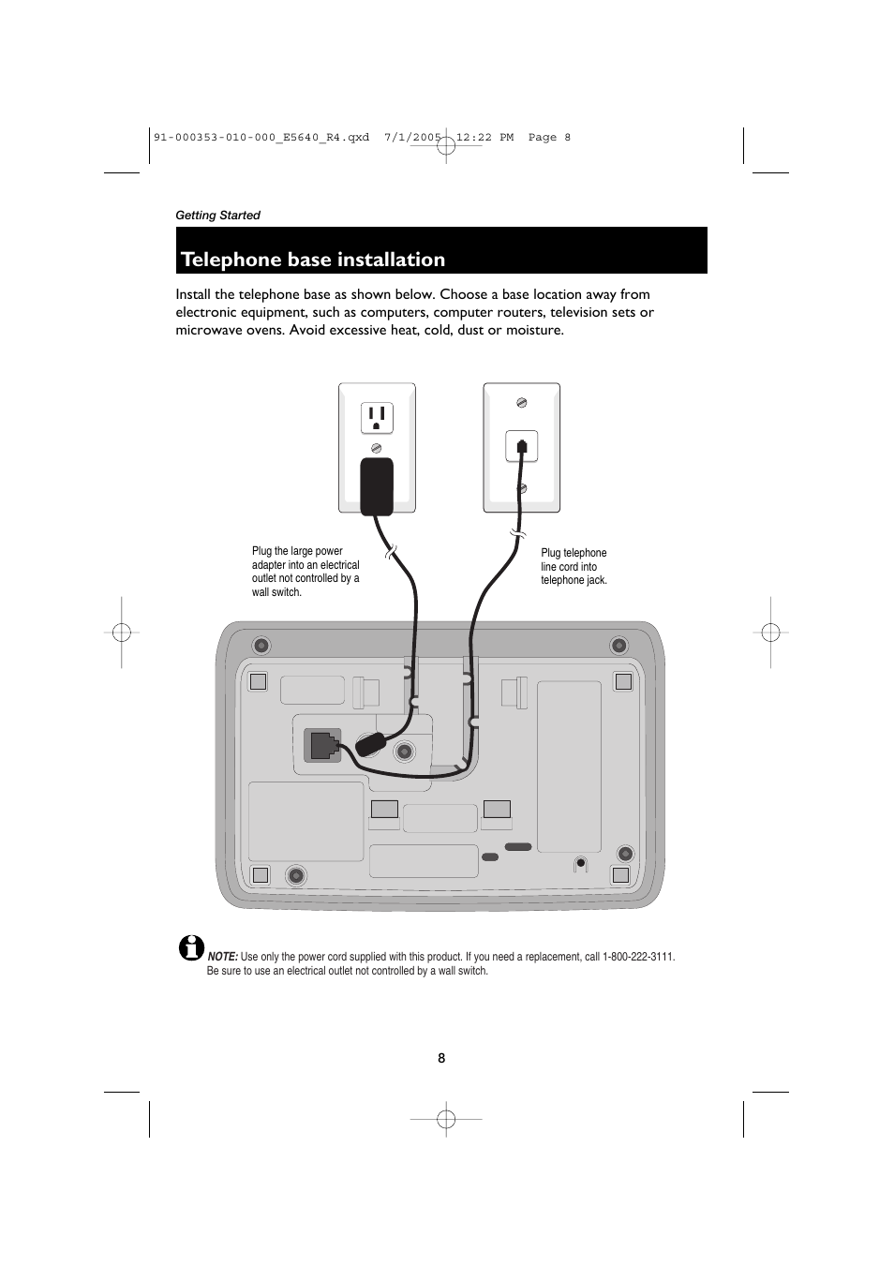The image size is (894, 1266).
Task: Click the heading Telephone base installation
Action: [312, 260]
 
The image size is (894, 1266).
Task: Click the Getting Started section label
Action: [217, 216]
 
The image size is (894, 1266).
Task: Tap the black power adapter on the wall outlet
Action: [377, 486]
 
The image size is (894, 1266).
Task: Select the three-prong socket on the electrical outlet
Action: [377, 418]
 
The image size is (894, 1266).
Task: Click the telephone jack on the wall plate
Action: [522, 446]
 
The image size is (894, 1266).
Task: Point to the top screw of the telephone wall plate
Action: [522, 403]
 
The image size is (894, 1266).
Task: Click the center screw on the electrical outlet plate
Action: [377, 449]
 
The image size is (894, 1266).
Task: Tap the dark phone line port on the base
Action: [322, 745]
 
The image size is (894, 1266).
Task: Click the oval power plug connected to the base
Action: [370, 744]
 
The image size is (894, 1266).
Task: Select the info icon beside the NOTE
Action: [191, 947]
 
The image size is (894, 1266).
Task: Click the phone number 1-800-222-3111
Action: [638, 957]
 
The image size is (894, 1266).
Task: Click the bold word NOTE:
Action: [223, 957]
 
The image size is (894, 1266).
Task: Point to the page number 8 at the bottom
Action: [441, 1058]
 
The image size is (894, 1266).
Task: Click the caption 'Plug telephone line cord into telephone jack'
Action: [574, 566]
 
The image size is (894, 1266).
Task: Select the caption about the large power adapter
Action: [305, 572]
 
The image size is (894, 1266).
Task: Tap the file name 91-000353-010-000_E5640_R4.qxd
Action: [261, 138]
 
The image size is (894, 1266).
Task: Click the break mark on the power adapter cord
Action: [391, 552]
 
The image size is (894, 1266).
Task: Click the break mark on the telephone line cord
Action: [517, 533]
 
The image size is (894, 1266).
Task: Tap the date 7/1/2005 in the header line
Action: [412, 138]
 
